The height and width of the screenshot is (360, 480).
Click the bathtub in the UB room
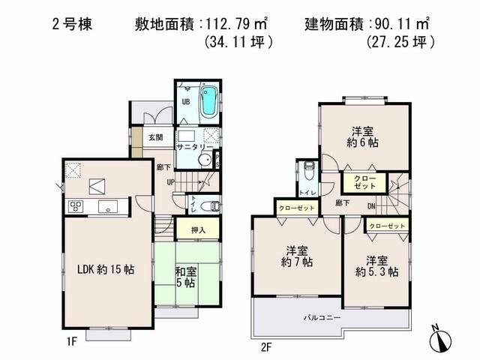point(209,101)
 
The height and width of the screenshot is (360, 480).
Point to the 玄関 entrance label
point(155,138)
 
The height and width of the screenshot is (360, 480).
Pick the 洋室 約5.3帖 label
point(377,265)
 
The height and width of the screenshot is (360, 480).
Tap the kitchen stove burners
point(75,207)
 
